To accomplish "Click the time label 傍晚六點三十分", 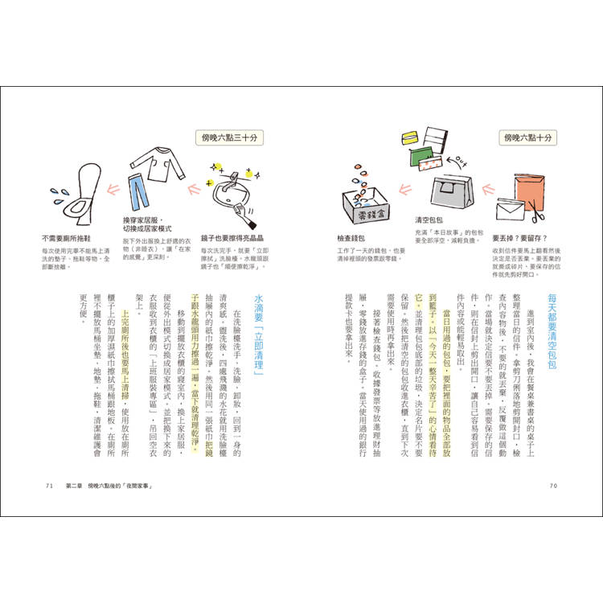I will [x=228, y=138].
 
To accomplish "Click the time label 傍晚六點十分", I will [x=528, y=138].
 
